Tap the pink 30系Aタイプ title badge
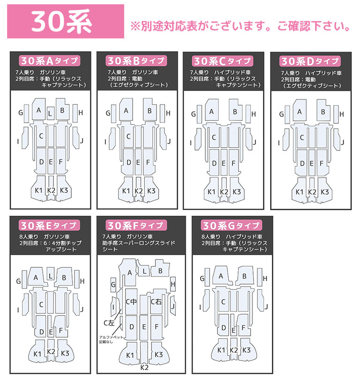coord(49,61)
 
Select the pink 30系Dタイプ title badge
coord(309,61)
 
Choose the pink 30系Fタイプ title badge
coord(135,225)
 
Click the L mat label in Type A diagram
coord(50,112)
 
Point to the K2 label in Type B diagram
coord(139,191)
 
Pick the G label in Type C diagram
coord(194,114)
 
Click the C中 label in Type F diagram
coord(131,302)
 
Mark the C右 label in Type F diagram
coord(156,302)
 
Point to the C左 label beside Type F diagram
coord(109,323)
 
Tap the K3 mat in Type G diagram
coord(246,350)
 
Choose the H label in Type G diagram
coord(262,280)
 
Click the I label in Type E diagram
coord(18,310)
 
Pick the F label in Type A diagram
coord(60,162)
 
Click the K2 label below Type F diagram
coord(144,367)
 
